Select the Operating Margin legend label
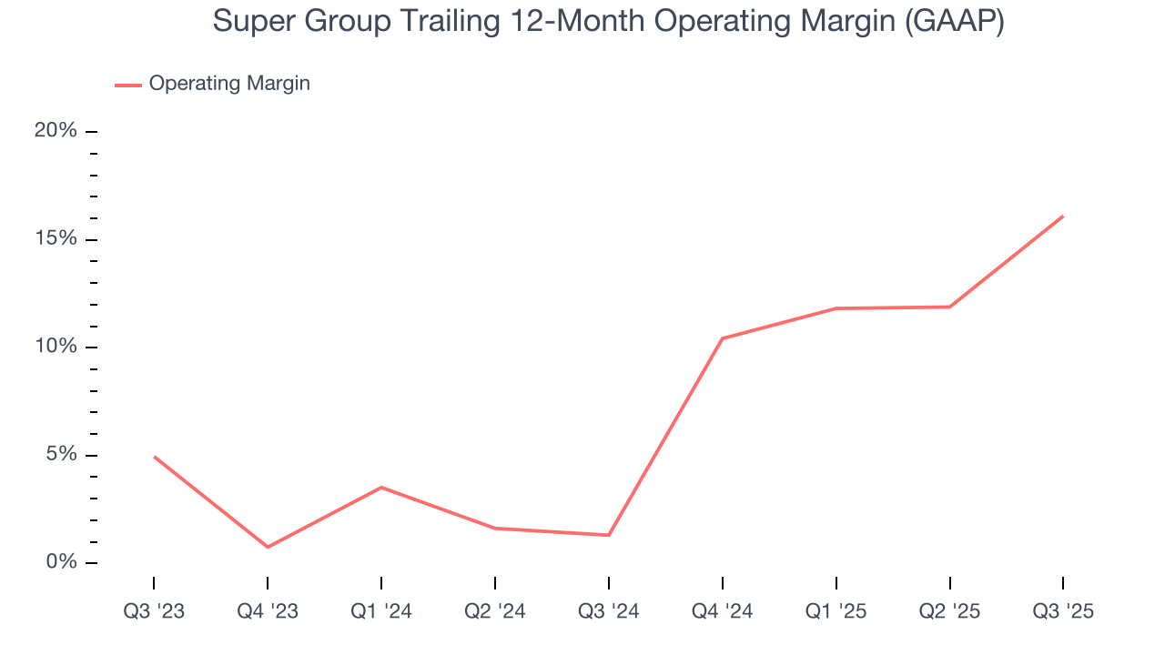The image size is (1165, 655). coord(229,84)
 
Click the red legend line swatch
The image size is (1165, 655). coord(127,85)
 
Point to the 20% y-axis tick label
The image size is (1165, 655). coord(56,131)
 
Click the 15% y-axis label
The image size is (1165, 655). coord(56,239)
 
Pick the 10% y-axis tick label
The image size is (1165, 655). coord(56,347)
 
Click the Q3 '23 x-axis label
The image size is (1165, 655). coord(154,611)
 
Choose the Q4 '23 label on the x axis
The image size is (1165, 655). coord(268,611)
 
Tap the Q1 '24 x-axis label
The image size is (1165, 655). coord(381,611)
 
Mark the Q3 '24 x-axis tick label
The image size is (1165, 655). coord(609,611)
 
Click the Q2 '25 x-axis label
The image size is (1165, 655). coord(950,611)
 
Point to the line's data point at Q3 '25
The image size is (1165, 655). coord(1063,217)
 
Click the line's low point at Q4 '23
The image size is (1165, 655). coord(268,547)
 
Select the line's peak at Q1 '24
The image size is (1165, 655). coord(381,488)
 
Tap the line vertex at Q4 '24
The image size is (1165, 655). coord(722,338)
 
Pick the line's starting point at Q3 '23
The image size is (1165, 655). coord(154,457)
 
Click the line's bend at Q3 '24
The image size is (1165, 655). coord(609,535)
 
